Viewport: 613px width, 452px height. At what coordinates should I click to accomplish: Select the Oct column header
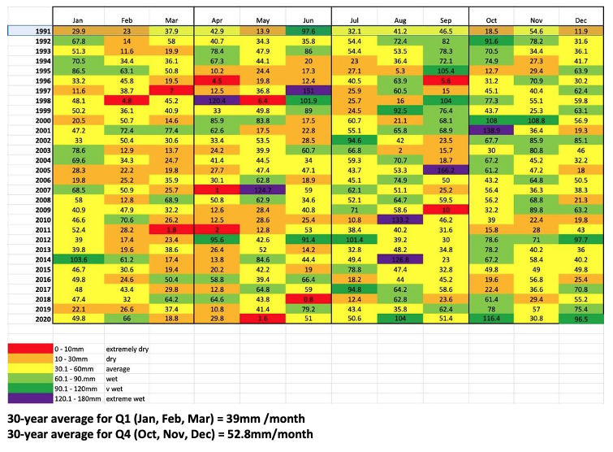pyautogui.click(x=491, y=20)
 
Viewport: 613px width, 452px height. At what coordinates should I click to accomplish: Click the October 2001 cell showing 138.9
pyautogui.click(x=491, y=130)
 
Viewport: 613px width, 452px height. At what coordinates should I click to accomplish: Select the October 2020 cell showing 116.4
pyautogui.click(x=491, y=319)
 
